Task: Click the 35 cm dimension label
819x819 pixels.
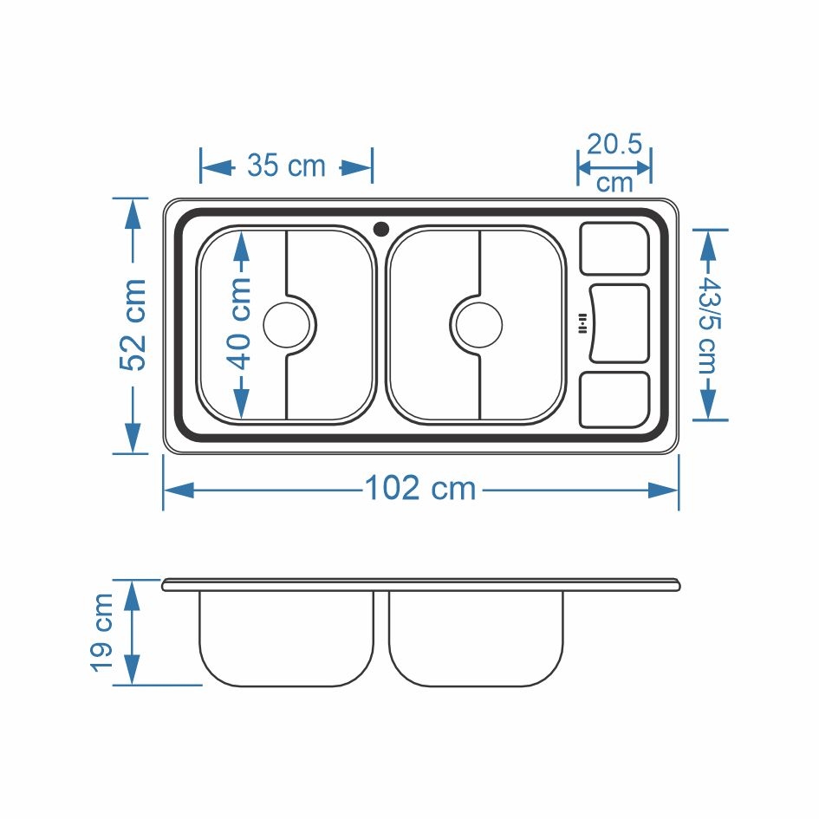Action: tap(286, 166)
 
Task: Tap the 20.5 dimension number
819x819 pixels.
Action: tap(614, 144)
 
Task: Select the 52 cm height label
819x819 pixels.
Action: tap(133, 325)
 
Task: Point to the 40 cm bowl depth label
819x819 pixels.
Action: tap(241, 324)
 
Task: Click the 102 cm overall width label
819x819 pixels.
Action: tap(420, 489)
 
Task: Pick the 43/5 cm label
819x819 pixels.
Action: tap(709, 324)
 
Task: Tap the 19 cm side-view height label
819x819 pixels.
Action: tap(102, 632)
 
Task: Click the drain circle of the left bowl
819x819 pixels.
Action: tap(287, 325)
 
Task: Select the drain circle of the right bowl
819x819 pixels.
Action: tap(479, 325)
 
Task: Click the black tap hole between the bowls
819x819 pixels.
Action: tap(381, 229)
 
